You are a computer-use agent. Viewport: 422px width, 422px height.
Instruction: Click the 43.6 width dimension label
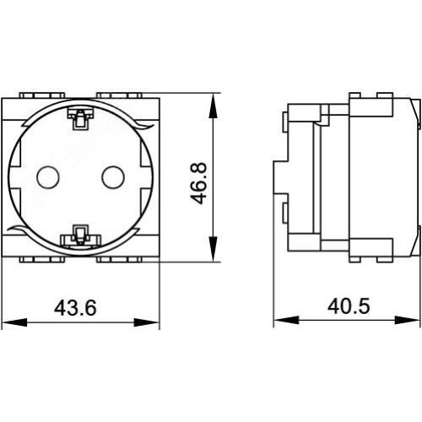point(75,308)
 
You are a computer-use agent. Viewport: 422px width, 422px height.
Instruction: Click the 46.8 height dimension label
point(198,183)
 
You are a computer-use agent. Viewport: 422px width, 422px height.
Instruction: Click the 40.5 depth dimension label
point(349,306)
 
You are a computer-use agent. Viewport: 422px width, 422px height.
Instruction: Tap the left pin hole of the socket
point(48,177)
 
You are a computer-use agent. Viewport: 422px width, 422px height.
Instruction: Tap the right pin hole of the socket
point(113,177)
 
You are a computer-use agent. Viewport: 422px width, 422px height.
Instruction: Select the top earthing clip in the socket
point(80,119)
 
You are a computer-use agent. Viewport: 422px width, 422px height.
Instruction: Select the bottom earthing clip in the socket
point(81,235)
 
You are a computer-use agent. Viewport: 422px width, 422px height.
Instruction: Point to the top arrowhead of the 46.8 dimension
point(214,105)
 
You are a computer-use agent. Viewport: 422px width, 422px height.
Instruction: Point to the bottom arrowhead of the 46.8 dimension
point(214,249)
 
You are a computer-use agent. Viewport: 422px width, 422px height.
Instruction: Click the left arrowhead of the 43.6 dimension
point(14,322)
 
